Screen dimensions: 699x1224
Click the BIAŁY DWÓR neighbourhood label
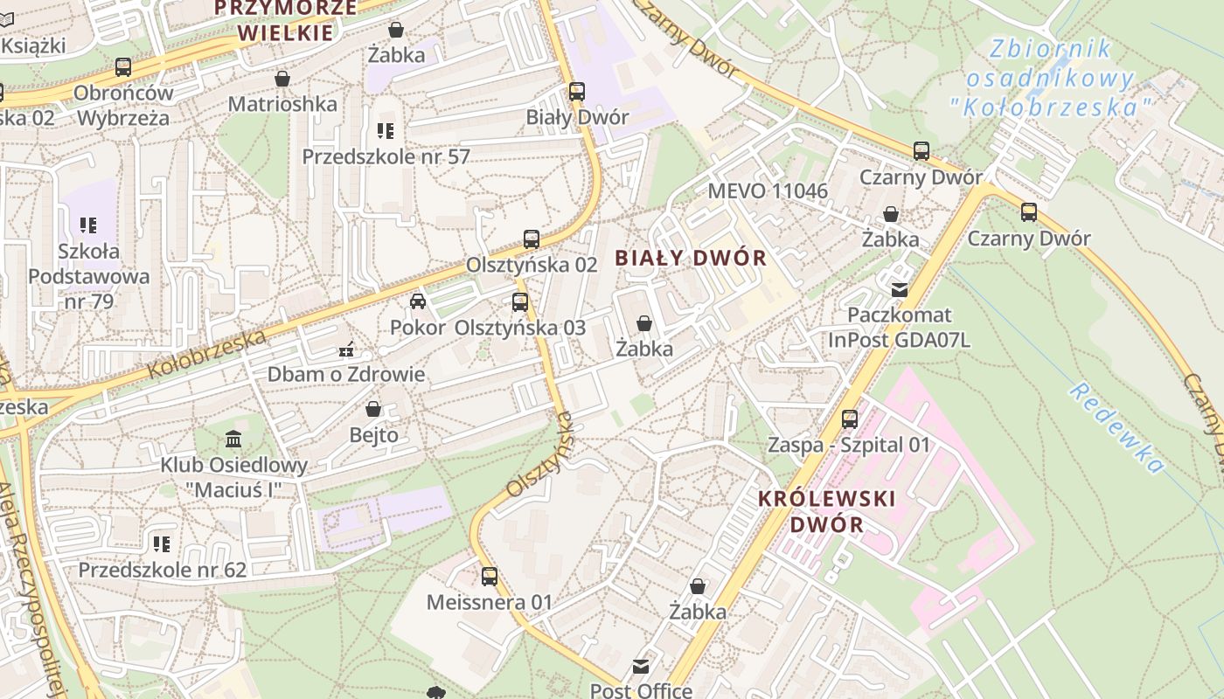(691, 258)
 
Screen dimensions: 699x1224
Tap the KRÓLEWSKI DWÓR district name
(826, 512)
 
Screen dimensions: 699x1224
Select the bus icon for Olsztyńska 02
(531, 239)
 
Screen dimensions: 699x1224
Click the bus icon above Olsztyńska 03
(520, 302)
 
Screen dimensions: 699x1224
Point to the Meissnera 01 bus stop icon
(490, 577)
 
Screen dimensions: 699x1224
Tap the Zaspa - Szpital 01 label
(849, 445)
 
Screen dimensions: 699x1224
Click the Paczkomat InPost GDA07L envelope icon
(899, 289)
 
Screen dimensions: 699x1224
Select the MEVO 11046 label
(768, 191)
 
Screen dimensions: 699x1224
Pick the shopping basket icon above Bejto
(373, 409)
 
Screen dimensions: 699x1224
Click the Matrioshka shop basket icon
(282, 79)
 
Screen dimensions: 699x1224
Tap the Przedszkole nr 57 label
(386, 157)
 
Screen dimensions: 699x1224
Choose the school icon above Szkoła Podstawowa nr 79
(87, 225)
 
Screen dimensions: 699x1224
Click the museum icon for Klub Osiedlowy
(233, 439)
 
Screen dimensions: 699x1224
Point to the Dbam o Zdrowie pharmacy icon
(346, 350)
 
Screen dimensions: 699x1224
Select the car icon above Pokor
(418, 301)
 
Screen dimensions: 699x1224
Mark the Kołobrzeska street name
(206, 354)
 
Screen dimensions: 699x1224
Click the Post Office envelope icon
(641, 667)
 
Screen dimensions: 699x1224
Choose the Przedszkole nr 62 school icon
(162, 544)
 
